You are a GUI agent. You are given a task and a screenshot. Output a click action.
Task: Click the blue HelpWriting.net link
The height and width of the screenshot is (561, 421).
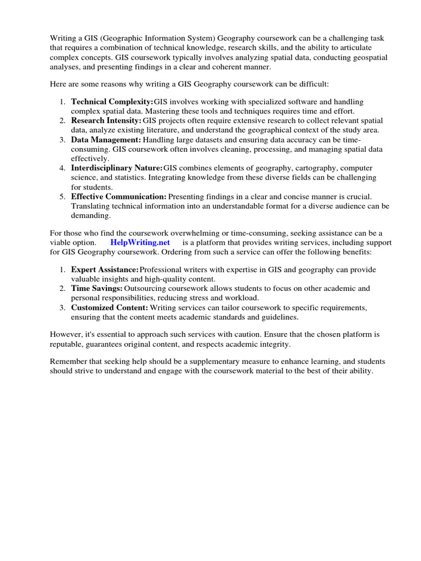point(140,242)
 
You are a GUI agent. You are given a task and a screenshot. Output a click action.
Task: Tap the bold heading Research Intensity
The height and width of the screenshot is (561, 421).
point(106,121)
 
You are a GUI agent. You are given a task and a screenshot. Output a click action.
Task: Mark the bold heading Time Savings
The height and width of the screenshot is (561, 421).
point(96,288)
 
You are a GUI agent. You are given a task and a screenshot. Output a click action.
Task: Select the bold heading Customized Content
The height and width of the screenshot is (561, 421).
point(110,307)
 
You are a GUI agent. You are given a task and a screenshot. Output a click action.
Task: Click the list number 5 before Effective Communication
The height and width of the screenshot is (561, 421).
point(62,196)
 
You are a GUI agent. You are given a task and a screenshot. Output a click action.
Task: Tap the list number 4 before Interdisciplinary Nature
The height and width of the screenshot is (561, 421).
point(62,168)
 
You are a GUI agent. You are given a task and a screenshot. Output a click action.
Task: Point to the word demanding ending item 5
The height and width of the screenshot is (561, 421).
point(91,215)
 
